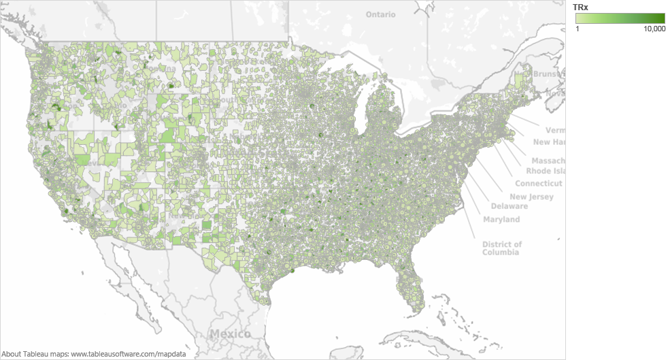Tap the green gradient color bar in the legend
[x=620, y=18]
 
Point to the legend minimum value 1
[x=577, y=29]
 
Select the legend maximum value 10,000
[x=654, y=29]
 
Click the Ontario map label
[x=380, y=14]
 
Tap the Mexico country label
[x=229, y=333]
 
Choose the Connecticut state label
[x=538, y=184]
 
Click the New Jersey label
[x=531, y=197]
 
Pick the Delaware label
[x=509, y=206]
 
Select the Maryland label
[x=501, y=219]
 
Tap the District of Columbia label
[x=502, y=248]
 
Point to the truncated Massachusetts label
[x=548, y=161]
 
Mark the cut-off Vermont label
[x=555, y=129]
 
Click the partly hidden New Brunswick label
[x=539, y=74]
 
